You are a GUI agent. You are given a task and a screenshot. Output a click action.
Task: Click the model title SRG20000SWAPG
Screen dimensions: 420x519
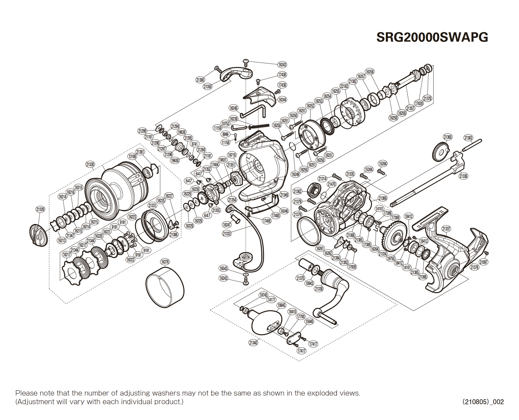432,37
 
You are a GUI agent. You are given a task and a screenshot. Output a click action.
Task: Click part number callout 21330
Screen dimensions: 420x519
90,164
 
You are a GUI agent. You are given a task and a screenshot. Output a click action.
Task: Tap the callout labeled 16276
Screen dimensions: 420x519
165,262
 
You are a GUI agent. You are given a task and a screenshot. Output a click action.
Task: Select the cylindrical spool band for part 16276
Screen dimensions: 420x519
165,288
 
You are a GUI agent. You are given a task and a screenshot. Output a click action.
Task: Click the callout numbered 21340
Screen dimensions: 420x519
253,343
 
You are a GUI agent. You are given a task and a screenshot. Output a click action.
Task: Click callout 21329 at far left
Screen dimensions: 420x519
40,209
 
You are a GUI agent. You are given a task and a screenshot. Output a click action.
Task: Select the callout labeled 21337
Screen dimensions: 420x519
446,229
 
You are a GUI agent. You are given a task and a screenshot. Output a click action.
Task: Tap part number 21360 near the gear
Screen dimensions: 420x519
448,137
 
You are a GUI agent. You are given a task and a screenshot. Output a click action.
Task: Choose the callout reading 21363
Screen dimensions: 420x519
468,138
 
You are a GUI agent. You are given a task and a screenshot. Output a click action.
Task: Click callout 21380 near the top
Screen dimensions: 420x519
200,80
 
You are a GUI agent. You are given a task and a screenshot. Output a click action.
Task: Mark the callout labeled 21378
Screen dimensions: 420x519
427,99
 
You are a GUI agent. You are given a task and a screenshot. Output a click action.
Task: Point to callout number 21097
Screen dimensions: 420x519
484,262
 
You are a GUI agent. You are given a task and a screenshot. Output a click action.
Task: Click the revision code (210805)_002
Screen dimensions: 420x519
483,402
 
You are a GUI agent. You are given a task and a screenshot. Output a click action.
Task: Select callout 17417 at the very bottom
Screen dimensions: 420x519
301,351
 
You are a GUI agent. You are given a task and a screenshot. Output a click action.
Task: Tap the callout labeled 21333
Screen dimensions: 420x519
226,234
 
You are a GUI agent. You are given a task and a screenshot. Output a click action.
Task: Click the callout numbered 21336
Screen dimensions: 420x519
463,176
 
